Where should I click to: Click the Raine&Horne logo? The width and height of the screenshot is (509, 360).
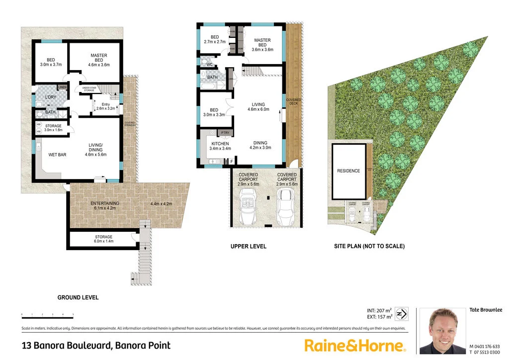click(x=355, y=345)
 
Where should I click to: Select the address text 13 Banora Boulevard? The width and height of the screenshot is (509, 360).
click(x=96, y=345)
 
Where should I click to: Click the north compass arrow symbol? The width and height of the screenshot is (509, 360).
click(x=404, y=314)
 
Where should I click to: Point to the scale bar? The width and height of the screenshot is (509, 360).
click(x=47, y=315)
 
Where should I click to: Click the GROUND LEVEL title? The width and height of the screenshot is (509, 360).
click(x=78, y=297)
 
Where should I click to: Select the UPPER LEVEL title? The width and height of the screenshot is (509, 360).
click(x=248, y=246)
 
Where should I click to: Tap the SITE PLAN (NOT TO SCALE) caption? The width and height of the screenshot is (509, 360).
click(x=369, y=246)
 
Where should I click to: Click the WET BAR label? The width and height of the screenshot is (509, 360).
click(x=57, y=155)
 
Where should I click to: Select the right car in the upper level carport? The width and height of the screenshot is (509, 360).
click(x=286, y=207)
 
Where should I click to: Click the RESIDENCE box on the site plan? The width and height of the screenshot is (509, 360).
click(x=348, y=171)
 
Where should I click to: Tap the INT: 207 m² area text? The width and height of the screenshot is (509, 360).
click(x=379, y=311)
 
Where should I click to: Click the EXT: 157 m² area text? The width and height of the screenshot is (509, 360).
click(x=379, y=317)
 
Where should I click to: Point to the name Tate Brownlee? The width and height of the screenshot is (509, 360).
click(x=486, y=310)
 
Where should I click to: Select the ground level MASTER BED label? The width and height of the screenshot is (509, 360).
click(x=99, y=60)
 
